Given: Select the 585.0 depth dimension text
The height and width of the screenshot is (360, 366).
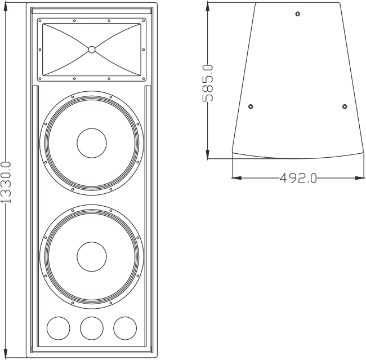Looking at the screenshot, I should pos(208,82).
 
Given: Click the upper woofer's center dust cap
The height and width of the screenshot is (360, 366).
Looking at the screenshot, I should pos(92,143).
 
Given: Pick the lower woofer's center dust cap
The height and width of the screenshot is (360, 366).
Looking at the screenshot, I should pos(92,257).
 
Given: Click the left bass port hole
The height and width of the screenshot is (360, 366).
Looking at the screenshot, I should pos(58,327).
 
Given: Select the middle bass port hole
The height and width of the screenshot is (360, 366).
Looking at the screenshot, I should pos(92,327).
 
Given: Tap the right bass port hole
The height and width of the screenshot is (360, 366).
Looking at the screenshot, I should pos(125,327).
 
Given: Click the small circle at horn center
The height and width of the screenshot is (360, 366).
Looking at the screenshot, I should pos(92,50).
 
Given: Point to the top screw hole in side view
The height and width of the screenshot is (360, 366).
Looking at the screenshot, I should pos(298,13).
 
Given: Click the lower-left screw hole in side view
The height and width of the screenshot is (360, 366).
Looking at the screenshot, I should pos(251,106).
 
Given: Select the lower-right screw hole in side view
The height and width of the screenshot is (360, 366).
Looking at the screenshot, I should pos(344,106).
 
